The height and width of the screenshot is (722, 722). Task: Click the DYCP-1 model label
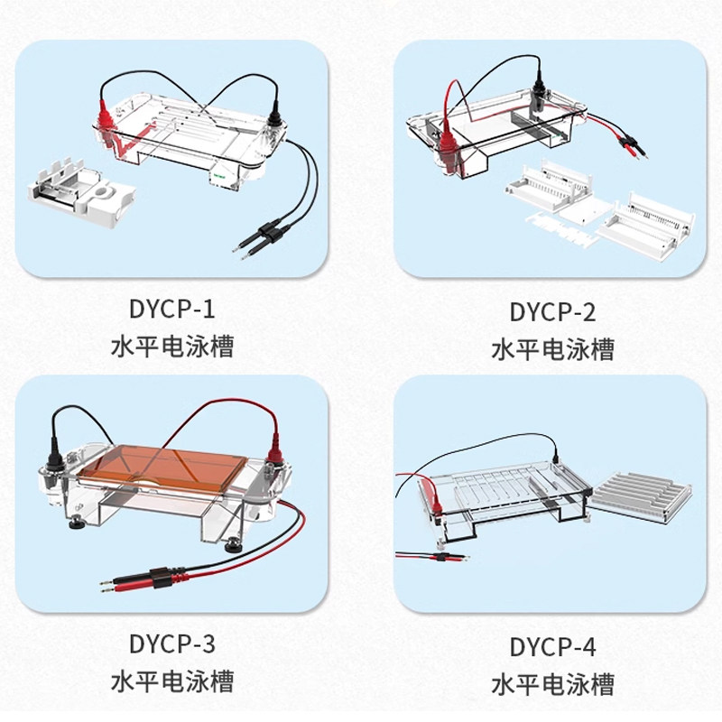[x=171, y=309]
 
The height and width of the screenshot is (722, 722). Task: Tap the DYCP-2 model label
[x=552, y=312]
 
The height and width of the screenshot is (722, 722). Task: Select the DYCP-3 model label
[x=171, y=643]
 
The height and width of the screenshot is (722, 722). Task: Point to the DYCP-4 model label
[x=552, y=647]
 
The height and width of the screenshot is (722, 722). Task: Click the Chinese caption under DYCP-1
[x=172, y=347]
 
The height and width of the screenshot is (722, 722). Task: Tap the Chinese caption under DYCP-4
[x=552, y=684]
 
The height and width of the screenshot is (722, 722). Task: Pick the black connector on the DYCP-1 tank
[x=275, y=116]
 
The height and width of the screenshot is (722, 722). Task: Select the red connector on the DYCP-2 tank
[x=447, y=145]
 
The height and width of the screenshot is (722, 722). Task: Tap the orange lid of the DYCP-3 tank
[x=162, y=467]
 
